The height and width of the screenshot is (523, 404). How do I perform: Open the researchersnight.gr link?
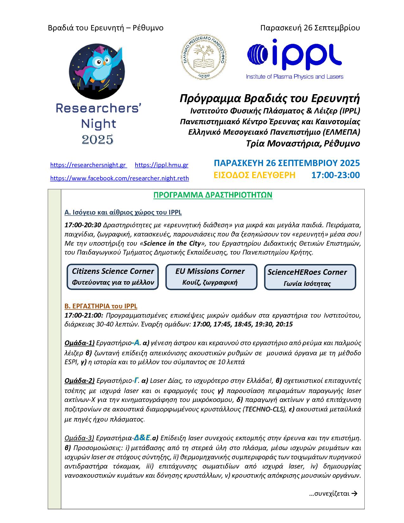(88, 165)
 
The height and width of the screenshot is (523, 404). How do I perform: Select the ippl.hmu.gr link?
(162, 165)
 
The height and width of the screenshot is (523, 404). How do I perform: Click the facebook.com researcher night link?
(119, 178)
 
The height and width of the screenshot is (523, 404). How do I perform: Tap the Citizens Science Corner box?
(113, 277)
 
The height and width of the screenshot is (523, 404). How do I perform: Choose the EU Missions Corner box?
(211, 277)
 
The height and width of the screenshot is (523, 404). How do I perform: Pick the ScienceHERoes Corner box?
(310, 277)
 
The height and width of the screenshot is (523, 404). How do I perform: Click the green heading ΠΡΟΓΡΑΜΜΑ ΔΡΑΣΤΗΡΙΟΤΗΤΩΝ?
(213, 195)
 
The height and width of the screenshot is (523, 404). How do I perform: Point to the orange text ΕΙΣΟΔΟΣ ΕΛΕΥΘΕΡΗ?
(254, 175)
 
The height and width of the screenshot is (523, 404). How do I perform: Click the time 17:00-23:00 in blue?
(336, 175)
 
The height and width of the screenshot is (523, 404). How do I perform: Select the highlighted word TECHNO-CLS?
(265, 409)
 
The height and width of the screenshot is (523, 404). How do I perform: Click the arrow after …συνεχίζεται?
(355, 494)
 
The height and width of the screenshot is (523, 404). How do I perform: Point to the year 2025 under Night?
(97, 139)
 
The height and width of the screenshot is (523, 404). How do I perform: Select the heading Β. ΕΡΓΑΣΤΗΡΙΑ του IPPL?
(101, 306)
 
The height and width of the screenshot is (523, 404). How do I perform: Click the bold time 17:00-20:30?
(83, 225)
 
